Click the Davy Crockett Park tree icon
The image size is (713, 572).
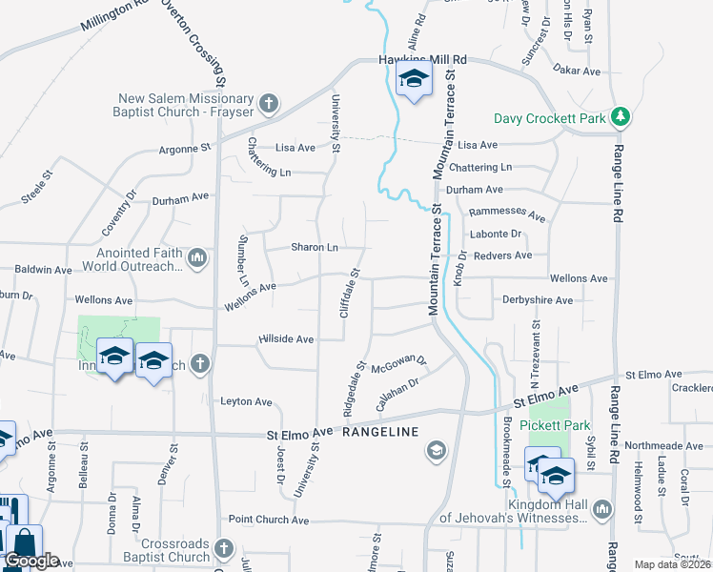coord(621,116)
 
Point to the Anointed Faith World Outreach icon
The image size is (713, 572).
coord(197,256)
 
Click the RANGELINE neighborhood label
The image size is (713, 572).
coord(380,432)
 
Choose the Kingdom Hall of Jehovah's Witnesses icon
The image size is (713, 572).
coord(601,510)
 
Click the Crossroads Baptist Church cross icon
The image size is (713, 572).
coord(223,548)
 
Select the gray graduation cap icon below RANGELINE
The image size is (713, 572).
coord(437,450)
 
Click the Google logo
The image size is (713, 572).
coord(31,561)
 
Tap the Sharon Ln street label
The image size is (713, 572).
coord(315,247)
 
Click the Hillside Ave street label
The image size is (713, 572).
coord(286,338)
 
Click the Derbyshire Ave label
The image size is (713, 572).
coord(538,299)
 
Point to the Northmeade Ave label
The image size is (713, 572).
coord(662,444)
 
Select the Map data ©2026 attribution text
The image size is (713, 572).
coord(671,564)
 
